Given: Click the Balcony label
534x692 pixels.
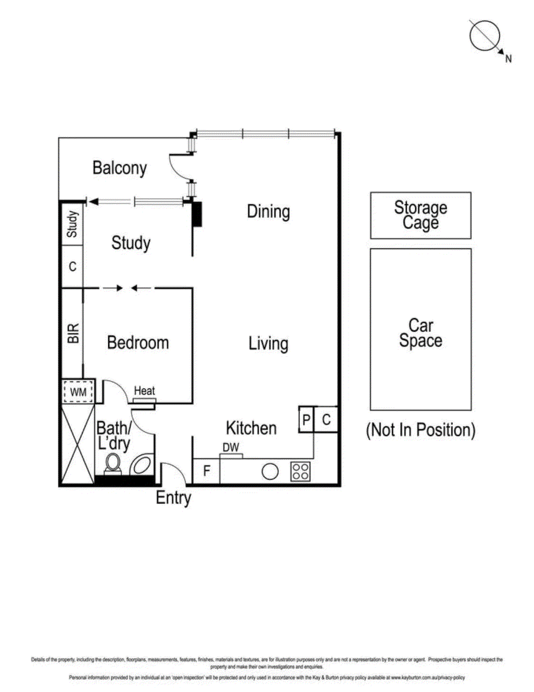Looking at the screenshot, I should pyautogui.click(x=119, y=168).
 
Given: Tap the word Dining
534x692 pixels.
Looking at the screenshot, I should pyautogui.click(x=268, y=211).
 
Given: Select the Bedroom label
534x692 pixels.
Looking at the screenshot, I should pyautogui.click(x=138, y=342).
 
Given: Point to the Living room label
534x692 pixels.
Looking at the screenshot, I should pyautogui.click(x=268, y=343).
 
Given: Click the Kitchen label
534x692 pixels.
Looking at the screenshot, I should pyautogui.click(x=251, y=428).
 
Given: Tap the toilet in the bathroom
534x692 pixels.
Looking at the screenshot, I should pyautogui.click(x=113, y=463).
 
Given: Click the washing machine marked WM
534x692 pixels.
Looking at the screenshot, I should pyautogui.click(x=78, y=392).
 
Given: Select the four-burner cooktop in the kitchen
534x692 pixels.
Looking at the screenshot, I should pyautogui.click(x=301, y=472).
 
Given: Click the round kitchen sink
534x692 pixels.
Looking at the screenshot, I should pyautogui.click(x=270, y=472).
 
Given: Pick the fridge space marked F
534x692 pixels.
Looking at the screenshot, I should pyautogui.click(x=206, y=471).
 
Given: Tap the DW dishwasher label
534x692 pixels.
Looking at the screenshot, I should pyautogui.click(x=231, y=447).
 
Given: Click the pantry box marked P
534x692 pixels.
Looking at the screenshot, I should pyautogui.click(x=306, y=419).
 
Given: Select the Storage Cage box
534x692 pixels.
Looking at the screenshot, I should pyautogui.click(x=421, y=215).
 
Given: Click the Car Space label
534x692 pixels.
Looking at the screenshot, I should pyautogui.click(x=421, y=333).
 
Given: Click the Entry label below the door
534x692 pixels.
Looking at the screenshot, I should pyautogui.click(x=173, y=498).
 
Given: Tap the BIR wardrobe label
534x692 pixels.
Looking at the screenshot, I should pyautogui.click(x=73, y=333).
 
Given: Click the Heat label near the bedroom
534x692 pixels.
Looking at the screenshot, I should pyautogui.click(x=144, y=391).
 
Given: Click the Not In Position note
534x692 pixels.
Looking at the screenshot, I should pyautogui.click(x=421, y=430).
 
